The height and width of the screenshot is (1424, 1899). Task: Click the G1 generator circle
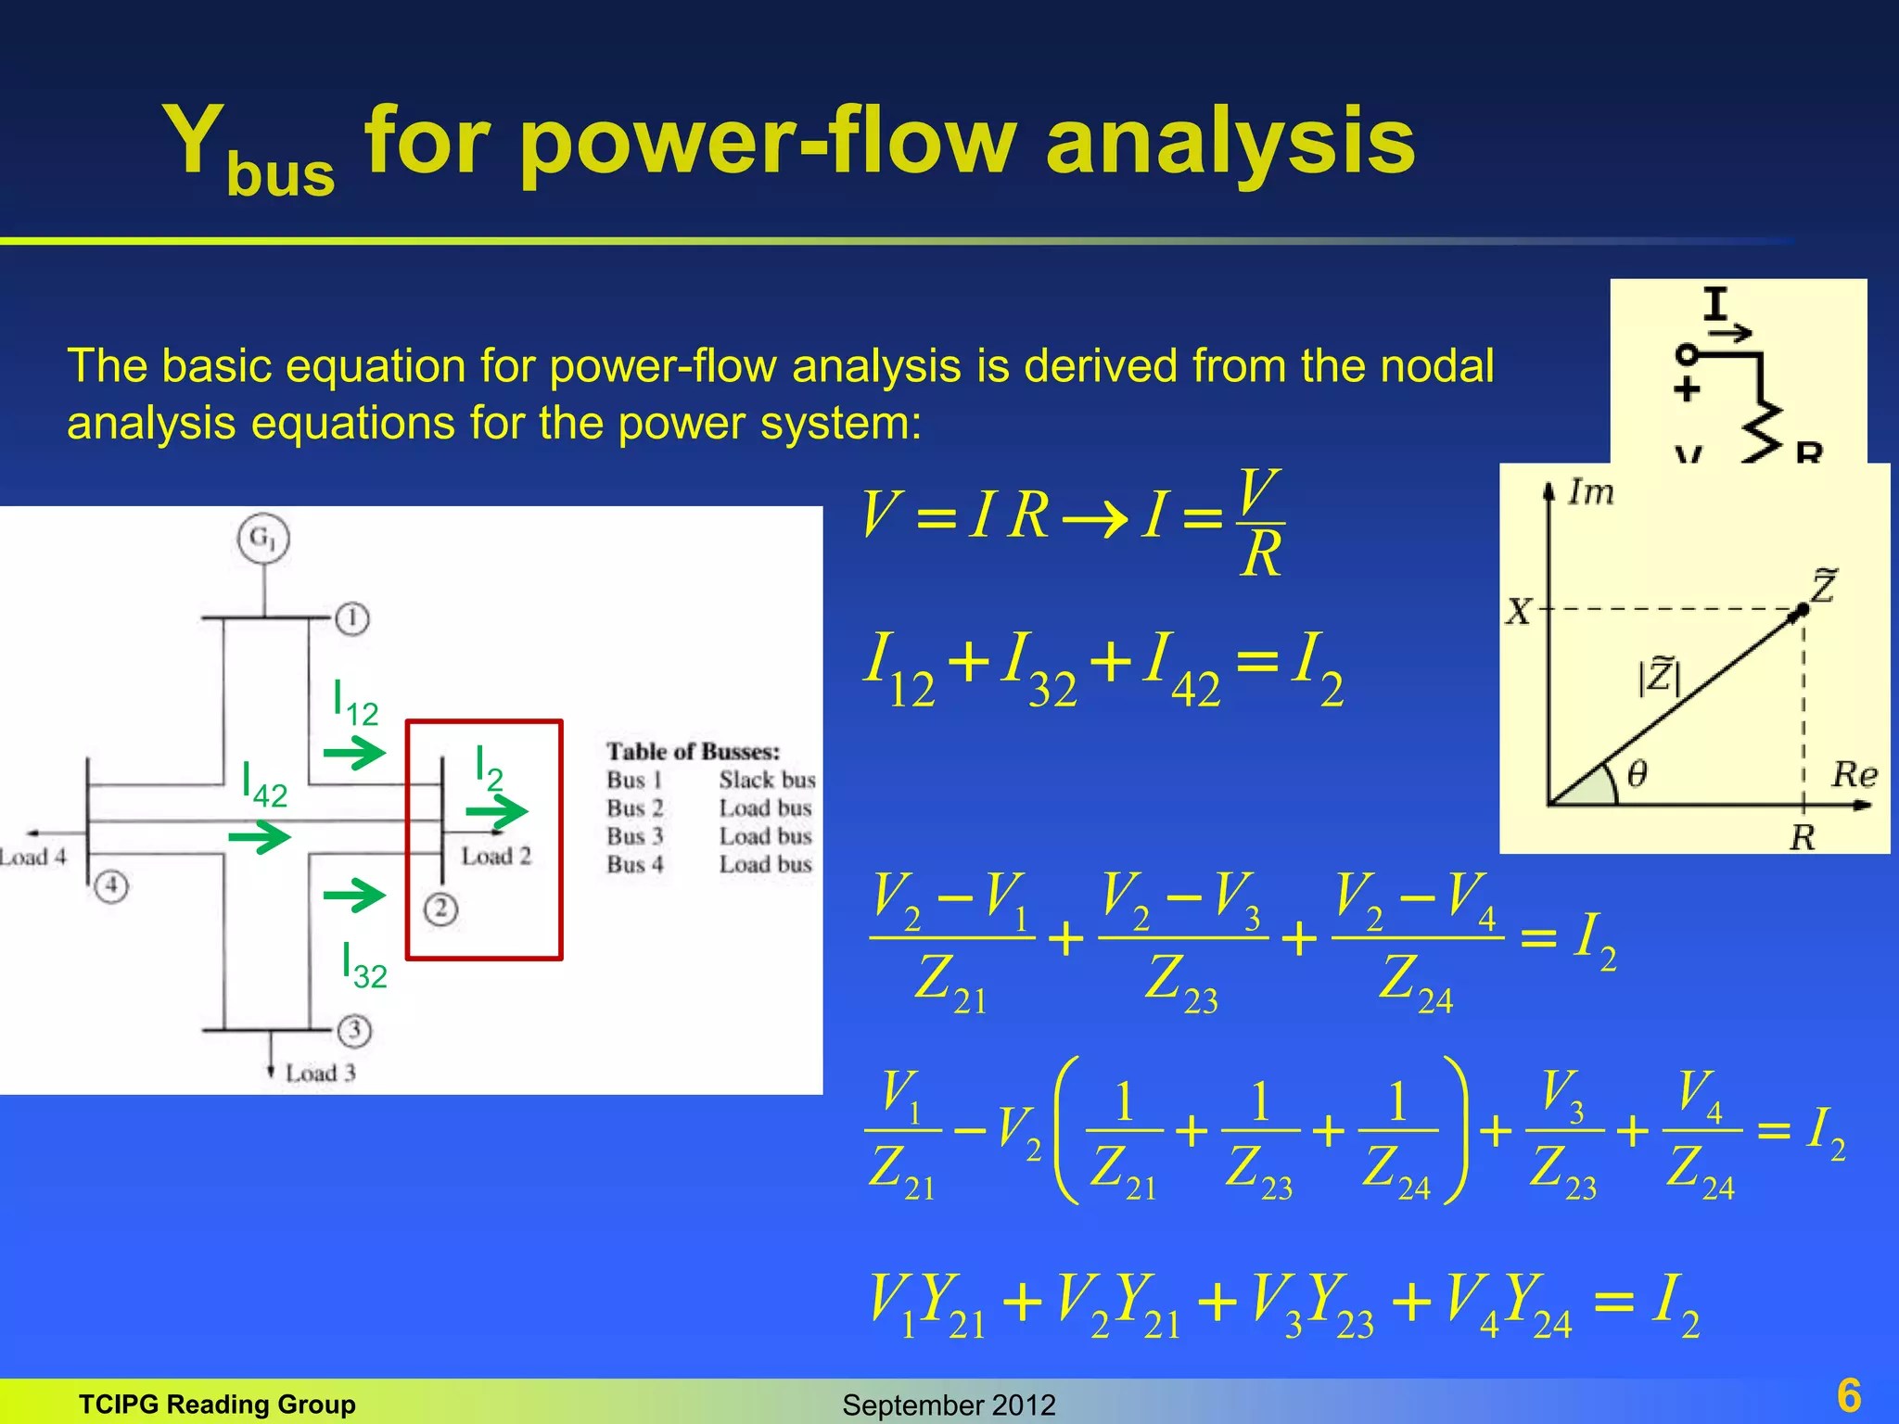coord(263,539)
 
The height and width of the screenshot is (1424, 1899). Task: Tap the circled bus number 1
coord(352,618)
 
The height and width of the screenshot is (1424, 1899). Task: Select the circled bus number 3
coord(354,1030)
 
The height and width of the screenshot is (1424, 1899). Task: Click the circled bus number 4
coord(111,885)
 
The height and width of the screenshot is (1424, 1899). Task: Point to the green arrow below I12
coord(354,752)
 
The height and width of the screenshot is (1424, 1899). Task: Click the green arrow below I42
coord(260,838)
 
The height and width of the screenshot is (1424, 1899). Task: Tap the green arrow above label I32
coord(354,895)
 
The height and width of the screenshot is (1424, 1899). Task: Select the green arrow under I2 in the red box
coord(496,812)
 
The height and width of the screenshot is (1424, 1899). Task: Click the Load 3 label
coord(320,1073)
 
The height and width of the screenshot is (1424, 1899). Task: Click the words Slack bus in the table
coord(767,780)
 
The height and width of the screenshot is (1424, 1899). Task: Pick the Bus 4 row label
coord(635,864)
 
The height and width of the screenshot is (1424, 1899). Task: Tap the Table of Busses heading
coord(693,751)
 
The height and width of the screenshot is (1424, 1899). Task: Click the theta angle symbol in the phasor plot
coord(1638,772)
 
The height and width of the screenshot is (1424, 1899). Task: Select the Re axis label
coord(1854,774)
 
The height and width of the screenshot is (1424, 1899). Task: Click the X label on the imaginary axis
coord(1518,611)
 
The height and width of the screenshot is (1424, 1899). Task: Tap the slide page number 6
coord(1849,1395)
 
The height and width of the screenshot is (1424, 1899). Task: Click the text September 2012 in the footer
coord(949,1405)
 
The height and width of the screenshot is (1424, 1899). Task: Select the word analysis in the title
coord(1230,141)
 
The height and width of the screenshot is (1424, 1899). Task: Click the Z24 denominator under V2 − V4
coord(1415,983)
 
